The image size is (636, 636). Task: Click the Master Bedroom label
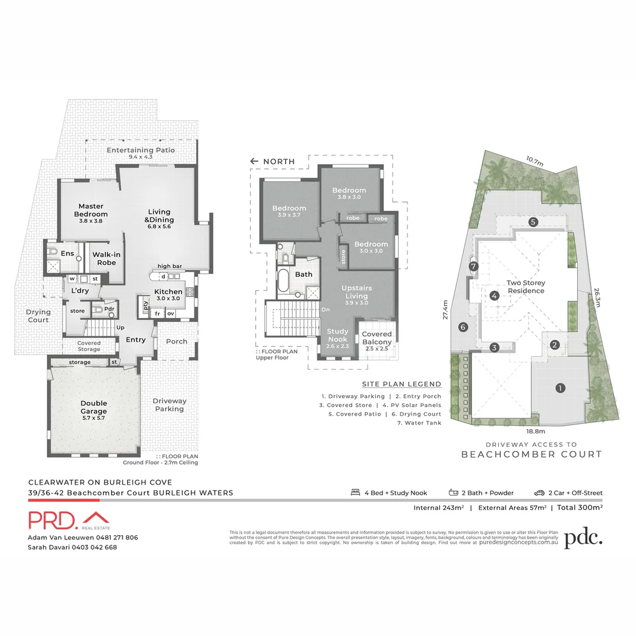(x=91, y=210)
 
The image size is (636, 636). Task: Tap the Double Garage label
(x=94, y=407)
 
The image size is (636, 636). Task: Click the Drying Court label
(x=38, y=316)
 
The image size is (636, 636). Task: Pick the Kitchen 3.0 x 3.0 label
(x=168, y=295)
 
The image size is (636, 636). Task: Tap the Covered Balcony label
(x=377, y=338)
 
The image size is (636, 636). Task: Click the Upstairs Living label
(x=357, y=292)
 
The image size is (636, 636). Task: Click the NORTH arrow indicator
(x=254, y=161)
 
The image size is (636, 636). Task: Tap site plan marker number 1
(x=560, y=387)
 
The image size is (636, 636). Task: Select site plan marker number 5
(x=533, y=222)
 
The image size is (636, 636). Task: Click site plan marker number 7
(x=473, y=267)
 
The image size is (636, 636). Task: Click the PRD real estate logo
(x=69, y=520)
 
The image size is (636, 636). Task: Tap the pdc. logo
(x=583, y=538)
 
